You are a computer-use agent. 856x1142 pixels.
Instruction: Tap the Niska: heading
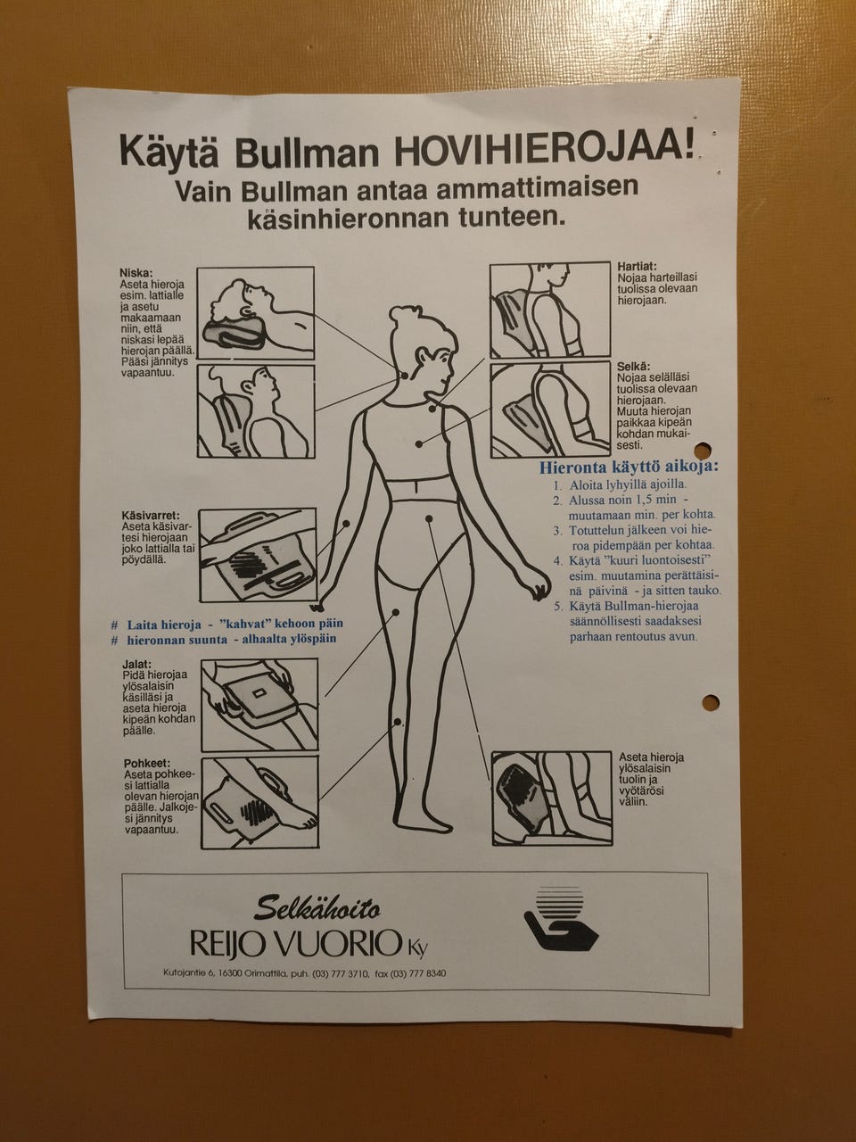pos(136,273)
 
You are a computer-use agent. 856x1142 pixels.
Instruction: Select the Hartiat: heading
pos(637,267)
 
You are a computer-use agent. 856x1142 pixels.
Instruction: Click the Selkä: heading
pos(633,367)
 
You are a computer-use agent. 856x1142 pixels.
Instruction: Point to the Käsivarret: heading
pos(151,516)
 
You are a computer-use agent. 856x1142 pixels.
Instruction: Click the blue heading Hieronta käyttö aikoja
pos(630,467)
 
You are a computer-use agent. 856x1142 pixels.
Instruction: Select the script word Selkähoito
pos(318,911)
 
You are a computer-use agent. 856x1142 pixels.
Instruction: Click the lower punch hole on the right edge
pos(711,701)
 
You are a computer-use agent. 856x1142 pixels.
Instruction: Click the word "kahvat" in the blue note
pos(236,623)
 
